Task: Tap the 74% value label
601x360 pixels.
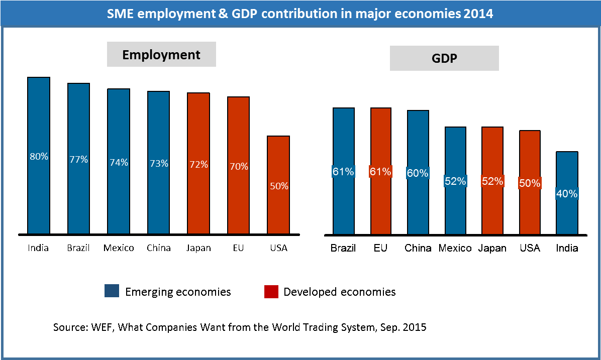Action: click(x=119, y=163)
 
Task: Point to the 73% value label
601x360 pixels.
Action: click(x=159, y=163)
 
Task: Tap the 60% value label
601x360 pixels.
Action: click(x=418, y=173)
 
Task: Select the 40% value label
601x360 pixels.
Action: click(x=567, y=193)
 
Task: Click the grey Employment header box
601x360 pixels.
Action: click(x=161, y=55)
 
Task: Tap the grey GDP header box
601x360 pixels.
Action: click(x=444, y=58)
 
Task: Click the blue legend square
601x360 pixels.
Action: click(x=112, y=291)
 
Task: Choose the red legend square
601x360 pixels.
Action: click(x=271, y=292)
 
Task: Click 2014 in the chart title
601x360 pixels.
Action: click(x=478, y=14)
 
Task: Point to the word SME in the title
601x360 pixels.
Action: click(x=121, y=14)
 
